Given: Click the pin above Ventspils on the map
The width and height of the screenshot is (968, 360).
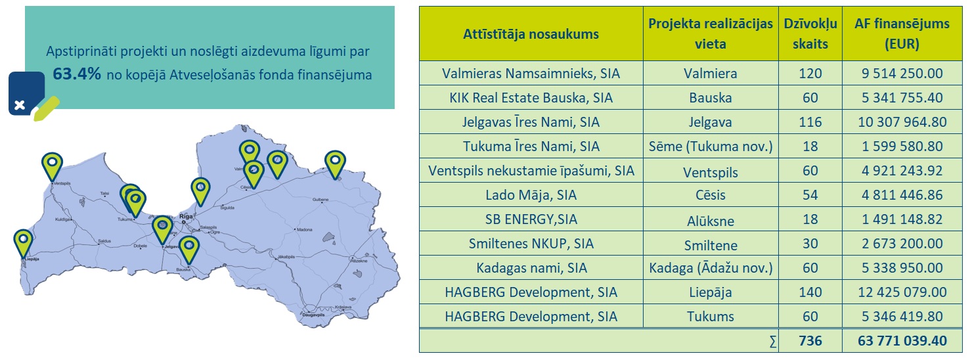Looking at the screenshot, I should tap(52, 164).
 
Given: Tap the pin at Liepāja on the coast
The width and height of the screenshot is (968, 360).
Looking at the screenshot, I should tap(24, 242).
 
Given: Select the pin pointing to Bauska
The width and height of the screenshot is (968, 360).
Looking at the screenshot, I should tap(189, 248).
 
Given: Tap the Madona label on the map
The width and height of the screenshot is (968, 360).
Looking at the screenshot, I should tap(305, 230).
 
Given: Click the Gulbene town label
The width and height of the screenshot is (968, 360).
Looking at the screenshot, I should tap(320, 199).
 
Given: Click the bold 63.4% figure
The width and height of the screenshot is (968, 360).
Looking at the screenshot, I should tap(77, 75).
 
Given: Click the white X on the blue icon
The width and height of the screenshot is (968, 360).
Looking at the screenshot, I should tap(20, 105).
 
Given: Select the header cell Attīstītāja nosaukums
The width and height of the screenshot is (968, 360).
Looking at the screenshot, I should tap(531, 34).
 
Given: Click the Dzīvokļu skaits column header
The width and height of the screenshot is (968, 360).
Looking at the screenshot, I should tap(810, 34).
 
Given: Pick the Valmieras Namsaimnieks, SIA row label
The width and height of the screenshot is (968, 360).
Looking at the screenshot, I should tap(531, 74).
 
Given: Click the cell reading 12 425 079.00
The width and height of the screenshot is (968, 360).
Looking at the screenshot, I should tap(902, 292).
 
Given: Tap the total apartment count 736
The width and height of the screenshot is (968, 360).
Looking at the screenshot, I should tap(810, 341).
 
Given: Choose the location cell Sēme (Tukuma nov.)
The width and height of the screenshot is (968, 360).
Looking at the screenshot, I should tap(710, 146).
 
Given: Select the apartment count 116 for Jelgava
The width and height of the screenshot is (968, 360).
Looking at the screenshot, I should tap(810, 122).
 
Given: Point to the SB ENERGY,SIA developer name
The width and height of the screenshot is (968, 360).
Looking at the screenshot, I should tap(531, 219).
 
